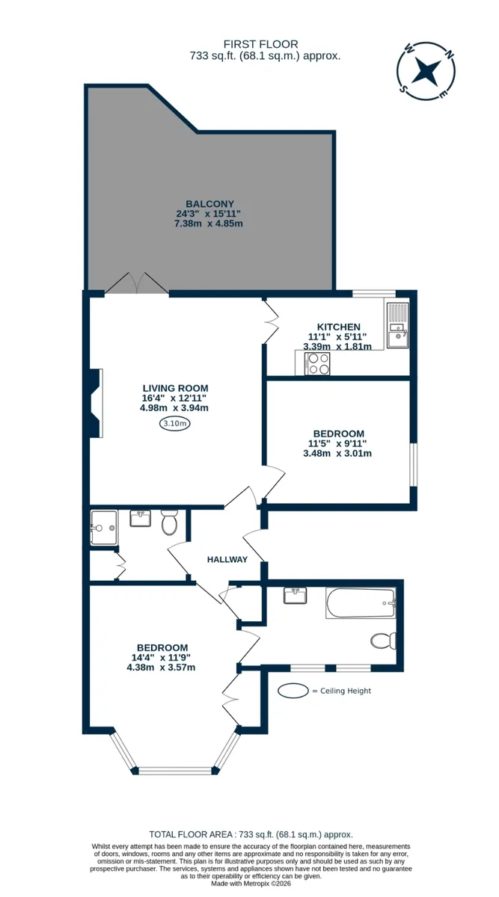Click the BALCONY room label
pyautogui.click(x=209, y=204)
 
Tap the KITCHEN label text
pyautogui.click(x=339, y=327)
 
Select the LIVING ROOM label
pyautogui.click(x=176, y=388)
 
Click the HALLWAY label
pyautogui.click(x=227, y=559)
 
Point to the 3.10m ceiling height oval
pyautogui.click(x=175, y=423)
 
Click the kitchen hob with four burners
pyautogui.click(x=317, y=363)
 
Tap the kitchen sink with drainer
pyautogui.click(x=397, y=324)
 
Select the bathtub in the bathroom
pyautogui.click(x=361, y=603)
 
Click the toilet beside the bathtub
pyautogui.click(x=384, y=641)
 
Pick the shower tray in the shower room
pyautogui.click(x=104, y=528)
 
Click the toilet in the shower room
pyautogui.click(x=170, y=522)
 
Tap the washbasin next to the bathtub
pyautogui.click(x=295, y=596)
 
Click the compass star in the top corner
pyautogui.click(x=426, y=71)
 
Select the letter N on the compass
pyautogui.click(x=450, y=55)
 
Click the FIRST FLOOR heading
pyautogui.click(x=261, y=44)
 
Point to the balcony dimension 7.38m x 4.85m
pyautogui.click(x=209, y=224)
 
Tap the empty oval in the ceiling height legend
pyautogui.click(x=293, y=691)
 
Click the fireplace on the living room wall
pyautogui.click(x=96, y=403)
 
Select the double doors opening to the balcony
pyautogui.click(x=137, y=283)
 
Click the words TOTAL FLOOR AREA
pyautogui.click(x=191, y=834)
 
